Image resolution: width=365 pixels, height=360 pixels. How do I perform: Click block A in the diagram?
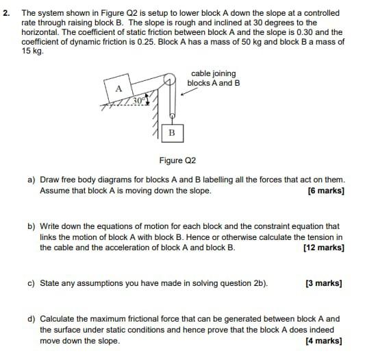[118, 88]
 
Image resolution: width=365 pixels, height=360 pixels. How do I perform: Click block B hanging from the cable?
[172, 132]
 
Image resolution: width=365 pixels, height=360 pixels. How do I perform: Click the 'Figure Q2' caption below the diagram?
[177, 160]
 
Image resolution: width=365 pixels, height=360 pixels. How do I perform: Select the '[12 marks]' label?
[323, 248]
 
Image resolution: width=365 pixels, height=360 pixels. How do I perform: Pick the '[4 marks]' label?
[326, 341]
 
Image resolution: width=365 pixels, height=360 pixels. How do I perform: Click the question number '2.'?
[7, 13]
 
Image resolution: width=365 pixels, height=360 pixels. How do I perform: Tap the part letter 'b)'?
[32, 226]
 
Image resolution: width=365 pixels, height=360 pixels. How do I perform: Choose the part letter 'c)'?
[32, 283]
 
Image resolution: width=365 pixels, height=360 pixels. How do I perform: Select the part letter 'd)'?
[32, 319]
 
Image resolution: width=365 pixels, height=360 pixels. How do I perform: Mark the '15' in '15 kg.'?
[27, 51]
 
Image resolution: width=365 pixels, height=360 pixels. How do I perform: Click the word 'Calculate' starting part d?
[58, 319]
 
